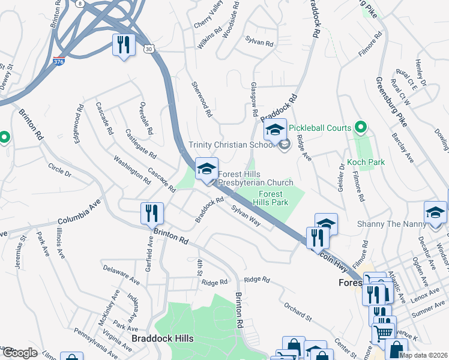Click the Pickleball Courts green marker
(360, 128)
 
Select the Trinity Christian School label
(231, 145)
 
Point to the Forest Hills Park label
(274, 198)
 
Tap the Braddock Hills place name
(163, 338)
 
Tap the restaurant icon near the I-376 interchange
(124, 46)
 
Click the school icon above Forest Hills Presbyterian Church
(206, 169)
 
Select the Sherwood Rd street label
(202, 99)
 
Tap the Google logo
(19, 353)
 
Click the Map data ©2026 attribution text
(423, 355)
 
